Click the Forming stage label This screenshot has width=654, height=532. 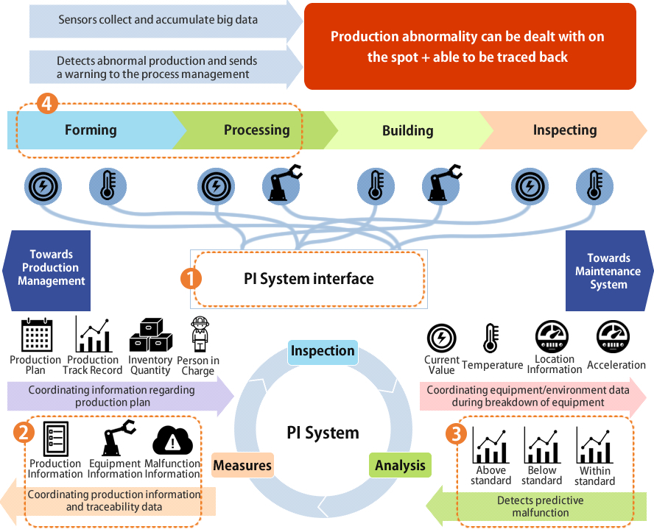pos(91,130)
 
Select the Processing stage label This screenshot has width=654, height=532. pos(256,130)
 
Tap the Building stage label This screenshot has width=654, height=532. pos(407,131)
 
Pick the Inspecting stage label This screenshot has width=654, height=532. pos(564,131)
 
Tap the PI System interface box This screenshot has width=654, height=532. pos(309,279)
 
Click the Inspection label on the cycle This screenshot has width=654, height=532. pos(323,351)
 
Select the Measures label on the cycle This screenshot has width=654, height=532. pos(242,465)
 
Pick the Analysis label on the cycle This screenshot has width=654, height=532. pos(400,465)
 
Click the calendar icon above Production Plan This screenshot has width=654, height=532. pos(35,336)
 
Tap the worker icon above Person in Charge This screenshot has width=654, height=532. pos(199,335)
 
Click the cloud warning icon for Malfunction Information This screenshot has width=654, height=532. pos(172,441)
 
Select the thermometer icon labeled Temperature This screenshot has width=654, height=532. pos(491,339)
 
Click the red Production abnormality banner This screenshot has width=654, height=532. pos(469,46)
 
